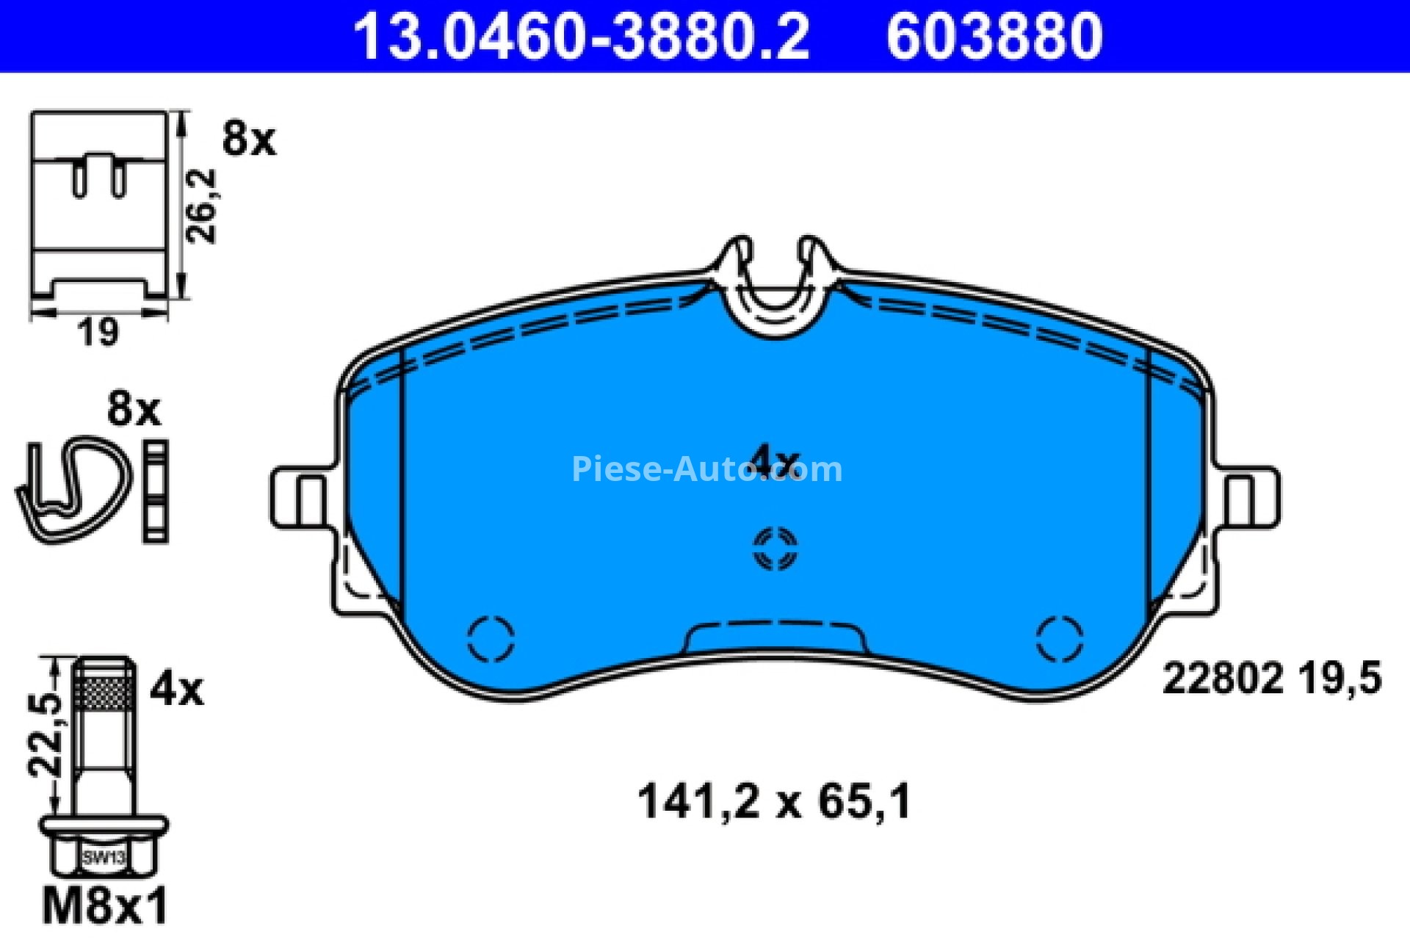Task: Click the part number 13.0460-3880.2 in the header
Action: click(x=582, y=36)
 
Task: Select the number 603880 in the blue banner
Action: click(x=994, y=36)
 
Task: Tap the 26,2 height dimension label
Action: click(x=201, y=206)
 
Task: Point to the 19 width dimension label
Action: click(x=98, y=331)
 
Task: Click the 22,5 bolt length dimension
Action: click(x=45, y=735)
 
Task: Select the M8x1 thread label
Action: click(x=106, y=905)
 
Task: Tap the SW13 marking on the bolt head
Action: click(x=104, y=857)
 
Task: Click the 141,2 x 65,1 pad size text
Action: click(x=775, y=800)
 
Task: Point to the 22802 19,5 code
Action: click(x=1272, y=678)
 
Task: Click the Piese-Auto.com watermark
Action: click(x=706, y=469)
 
